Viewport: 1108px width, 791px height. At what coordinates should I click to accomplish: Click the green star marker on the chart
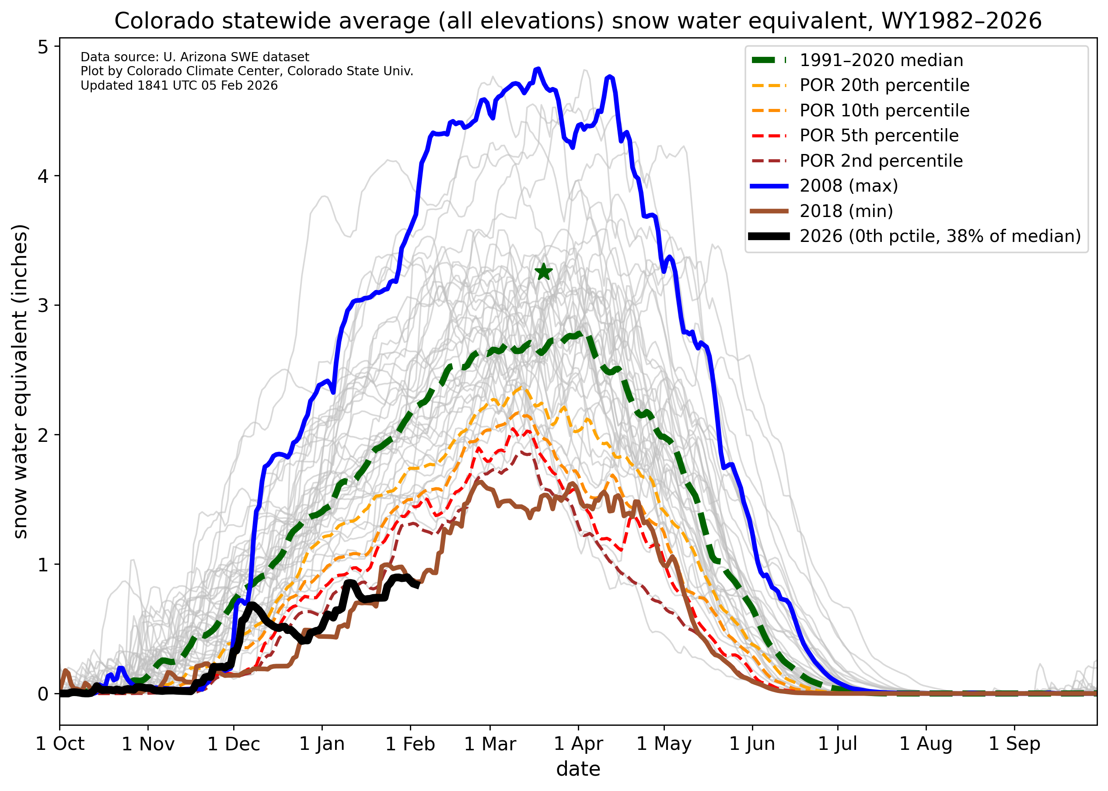coord(544,272)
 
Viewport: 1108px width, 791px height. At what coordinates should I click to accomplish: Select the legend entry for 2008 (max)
coord(849,186)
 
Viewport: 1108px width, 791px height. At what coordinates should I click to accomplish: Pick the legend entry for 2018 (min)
coord(846,211)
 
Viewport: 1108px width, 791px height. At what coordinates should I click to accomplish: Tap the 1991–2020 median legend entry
coord(881,60)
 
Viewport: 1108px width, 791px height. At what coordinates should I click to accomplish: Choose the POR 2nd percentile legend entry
coord(881,161)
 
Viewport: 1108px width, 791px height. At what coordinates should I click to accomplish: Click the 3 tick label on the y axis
coord(43,305)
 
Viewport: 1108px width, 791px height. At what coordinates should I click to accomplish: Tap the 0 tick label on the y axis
coord(43,693)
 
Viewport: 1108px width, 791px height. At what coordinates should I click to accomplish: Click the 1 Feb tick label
coord(410,744)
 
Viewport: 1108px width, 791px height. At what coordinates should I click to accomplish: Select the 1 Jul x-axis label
coord(838,744)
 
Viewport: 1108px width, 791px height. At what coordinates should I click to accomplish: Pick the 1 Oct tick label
coord(60,744)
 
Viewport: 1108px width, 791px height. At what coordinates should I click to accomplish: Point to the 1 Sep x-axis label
coord(1014,744)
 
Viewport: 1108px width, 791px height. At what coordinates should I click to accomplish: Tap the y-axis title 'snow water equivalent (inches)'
coord(21,382)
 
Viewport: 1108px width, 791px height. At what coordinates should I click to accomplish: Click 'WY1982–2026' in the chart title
coord(961,21)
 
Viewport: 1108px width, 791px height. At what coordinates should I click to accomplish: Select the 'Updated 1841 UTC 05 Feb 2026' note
coord(179,86)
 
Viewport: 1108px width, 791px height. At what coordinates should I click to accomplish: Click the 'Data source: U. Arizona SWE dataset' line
coord(195,57)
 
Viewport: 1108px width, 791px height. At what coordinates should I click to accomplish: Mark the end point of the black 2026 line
coord(418,586)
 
